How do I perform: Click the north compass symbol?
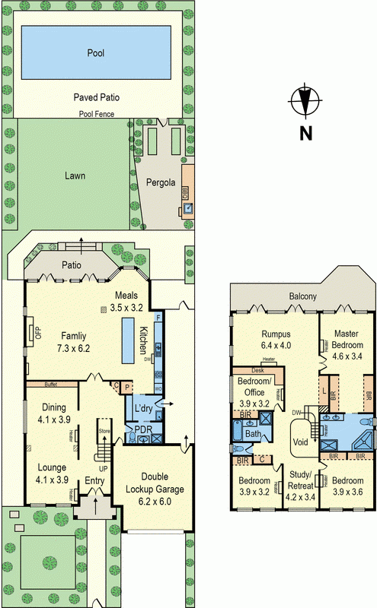pyautogui.click(x=305, y=102)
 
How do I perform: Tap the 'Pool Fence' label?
pyautogui.click(x=95, y=115)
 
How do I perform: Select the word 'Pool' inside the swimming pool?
pyautogui.click(x=95, y=54)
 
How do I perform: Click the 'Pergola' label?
pyautogui.click(x=161, y=182)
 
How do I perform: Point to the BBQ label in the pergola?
pyautogui.click(x=185, y=190)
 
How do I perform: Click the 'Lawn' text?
pyautogui.click(x=75, y=176)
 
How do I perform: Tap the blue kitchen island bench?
pyautogui.click(x=126, y=339)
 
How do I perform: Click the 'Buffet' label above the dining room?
pyautogui.click(x=51, y=384)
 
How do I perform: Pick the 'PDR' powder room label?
pyautogui.click(x=143, y=429)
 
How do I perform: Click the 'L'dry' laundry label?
pyautogui.click(x=143, y=409)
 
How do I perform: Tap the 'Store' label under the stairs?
pyautogui.click(x=104, y=431)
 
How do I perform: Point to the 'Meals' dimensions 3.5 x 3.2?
pyautogui.click(x=126, y=308)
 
